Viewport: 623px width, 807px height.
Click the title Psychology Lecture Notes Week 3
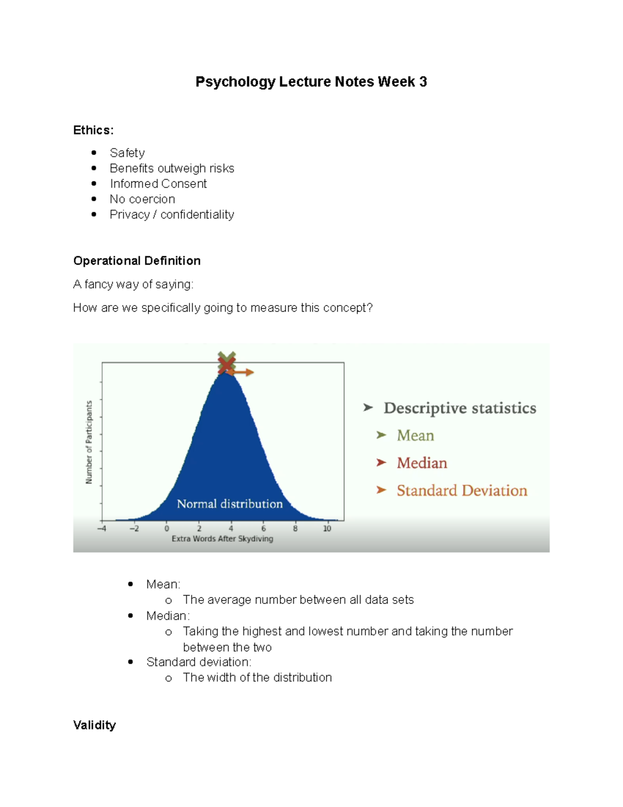pos(311,82)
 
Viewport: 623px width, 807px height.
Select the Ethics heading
pos(93,130)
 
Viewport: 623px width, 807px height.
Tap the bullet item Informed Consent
pos(158,183)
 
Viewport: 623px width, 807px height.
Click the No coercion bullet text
pos(142,199)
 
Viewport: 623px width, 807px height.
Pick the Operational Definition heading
pos(137,261)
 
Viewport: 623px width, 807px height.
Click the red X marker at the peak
pos(226,364)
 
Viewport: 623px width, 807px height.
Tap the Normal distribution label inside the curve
pos(229,504)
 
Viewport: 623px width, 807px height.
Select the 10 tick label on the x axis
pos(327,528)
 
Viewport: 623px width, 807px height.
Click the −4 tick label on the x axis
pos(102,528)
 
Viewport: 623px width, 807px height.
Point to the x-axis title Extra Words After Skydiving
pos(222,538)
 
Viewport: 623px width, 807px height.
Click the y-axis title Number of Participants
pos(89,442)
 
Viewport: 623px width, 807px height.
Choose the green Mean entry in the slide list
pos(415,435)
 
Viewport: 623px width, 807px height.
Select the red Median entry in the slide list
pos(422,462)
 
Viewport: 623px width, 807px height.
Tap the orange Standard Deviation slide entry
pos(462,490)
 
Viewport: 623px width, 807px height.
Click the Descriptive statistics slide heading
pos(460,408)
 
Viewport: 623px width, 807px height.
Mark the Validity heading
pos(94,725)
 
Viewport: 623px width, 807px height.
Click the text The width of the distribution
pos(257,678)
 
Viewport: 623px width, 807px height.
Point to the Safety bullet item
pos(127,153)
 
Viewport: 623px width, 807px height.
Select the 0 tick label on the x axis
pos(167,528)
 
